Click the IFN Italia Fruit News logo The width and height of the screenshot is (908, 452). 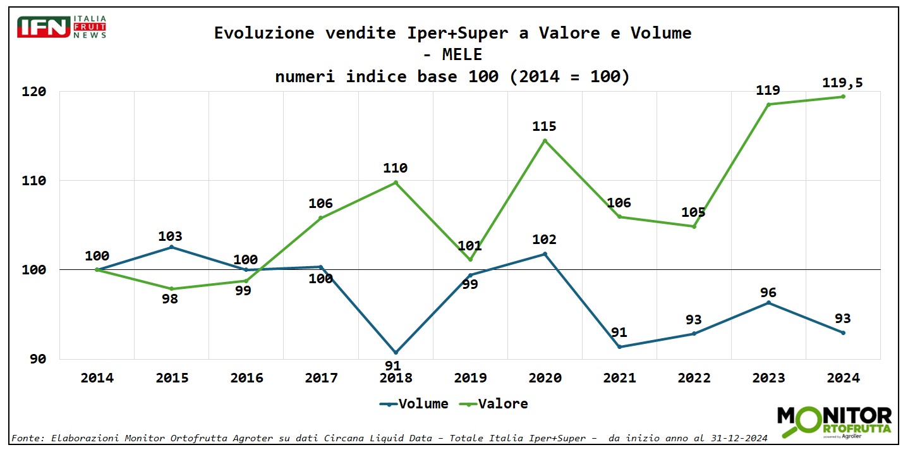tap(62, 27)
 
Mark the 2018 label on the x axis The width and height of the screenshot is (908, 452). tap(396, 378)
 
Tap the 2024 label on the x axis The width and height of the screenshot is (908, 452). tap(843, 378)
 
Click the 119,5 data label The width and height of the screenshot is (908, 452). tap(842, 83)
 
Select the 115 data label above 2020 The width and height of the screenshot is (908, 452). tap(545, 126)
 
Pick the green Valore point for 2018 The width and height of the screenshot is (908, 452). tap(396, 183)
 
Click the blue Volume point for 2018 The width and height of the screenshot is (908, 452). tap(396, 352)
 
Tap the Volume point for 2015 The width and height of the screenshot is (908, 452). tap(171, 247)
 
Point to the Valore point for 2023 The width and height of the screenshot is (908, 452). tap(768, 104)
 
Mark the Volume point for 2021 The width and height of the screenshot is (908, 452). tap(619, 347)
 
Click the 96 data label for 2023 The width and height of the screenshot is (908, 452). tap(768, 293)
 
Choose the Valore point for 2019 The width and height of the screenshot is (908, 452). tap(470, 260)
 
